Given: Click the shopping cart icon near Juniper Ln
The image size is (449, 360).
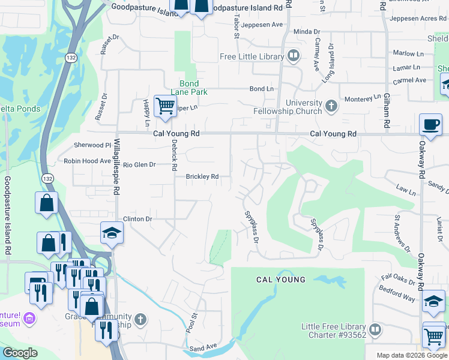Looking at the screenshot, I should pos(164,106).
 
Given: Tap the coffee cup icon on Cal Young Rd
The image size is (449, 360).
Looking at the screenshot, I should pos(430,124).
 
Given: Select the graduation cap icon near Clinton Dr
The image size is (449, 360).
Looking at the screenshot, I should pos(112,233).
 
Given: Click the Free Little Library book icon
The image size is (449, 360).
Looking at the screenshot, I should pos(294,57).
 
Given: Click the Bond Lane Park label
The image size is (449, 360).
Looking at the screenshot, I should pos(189,88).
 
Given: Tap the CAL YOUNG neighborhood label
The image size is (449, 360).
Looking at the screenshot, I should pos(281,280).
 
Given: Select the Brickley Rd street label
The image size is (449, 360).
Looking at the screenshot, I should pos(202,177).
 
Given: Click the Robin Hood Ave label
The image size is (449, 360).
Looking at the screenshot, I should pos(88,161).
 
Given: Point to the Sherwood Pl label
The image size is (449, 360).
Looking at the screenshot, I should pos(92,145).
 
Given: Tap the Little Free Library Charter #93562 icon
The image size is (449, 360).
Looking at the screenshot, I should pos(375,329).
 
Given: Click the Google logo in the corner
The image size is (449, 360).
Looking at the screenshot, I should pos(20,353).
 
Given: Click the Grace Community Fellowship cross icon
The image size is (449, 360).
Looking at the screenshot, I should pos(140,319).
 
